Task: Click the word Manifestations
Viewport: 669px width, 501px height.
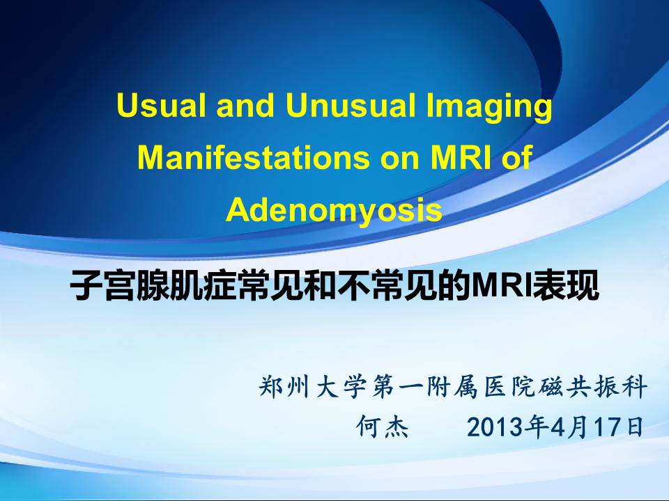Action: coord(254,157)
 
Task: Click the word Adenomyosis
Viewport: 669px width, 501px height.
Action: coord(334,210)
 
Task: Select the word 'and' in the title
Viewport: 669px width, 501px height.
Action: coord(245,105)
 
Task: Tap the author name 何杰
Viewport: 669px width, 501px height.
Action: coord(383,427)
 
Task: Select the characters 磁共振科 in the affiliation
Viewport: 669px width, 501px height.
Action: coord(593,386)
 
